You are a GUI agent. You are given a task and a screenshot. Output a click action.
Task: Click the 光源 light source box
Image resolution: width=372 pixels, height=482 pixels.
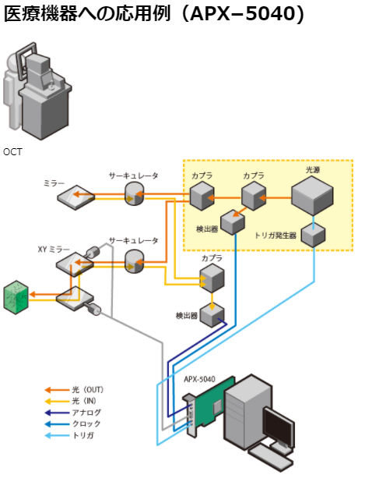(x=312, y=196)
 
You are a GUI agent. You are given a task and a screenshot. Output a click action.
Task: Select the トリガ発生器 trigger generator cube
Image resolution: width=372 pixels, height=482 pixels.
(x=313, y=235)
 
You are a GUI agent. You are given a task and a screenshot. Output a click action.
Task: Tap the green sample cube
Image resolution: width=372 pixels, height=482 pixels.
(x=16, y=297)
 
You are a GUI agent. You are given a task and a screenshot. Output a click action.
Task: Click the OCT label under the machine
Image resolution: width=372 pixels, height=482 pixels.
(x=12, y=152)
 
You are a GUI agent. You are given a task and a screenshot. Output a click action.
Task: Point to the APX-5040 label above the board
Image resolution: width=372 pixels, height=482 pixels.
(x=200, y=379)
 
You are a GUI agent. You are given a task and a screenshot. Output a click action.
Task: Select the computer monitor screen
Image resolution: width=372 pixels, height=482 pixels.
(x=279, y=425)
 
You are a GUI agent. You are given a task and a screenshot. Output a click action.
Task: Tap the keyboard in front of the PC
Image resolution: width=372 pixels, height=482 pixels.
(x=271, y=457)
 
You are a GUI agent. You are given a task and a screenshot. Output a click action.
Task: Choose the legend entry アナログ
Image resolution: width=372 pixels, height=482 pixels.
(x=73, y=413)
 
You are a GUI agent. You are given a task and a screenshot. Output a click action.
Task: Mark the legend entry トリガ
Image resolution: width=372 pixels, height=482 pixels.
(x=69, y=435)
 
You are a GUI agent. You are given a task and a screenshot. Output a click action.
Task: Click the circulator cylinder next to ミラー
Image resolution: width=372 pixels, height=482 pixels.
(x=134, y=193)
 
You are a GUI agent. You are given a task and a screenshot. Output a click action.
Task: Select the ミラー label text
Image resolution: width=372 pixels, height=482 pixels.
(x=54, y=183)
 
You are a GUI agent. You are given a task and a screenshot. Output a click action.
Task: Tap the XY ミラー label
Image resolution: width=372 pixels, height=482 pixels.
(x=54, y=249)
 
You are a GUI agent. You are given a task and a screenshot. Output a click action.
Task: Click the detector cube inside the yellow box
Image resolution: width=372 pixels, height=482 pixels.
(x=233, y=222)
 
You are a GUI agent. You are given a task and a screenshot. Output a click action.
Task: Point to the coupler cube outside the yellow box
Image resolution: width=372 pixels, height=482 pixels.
(x=212, y=279)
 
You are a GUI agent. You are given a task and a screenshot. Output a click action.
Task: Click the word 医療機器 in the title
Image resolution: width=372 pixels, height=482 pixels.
(x=41, y=13)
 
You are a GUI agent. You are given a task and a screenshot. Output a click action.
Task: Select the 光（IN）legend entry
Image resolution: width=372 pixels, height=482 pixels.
(x=71, y=401)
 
